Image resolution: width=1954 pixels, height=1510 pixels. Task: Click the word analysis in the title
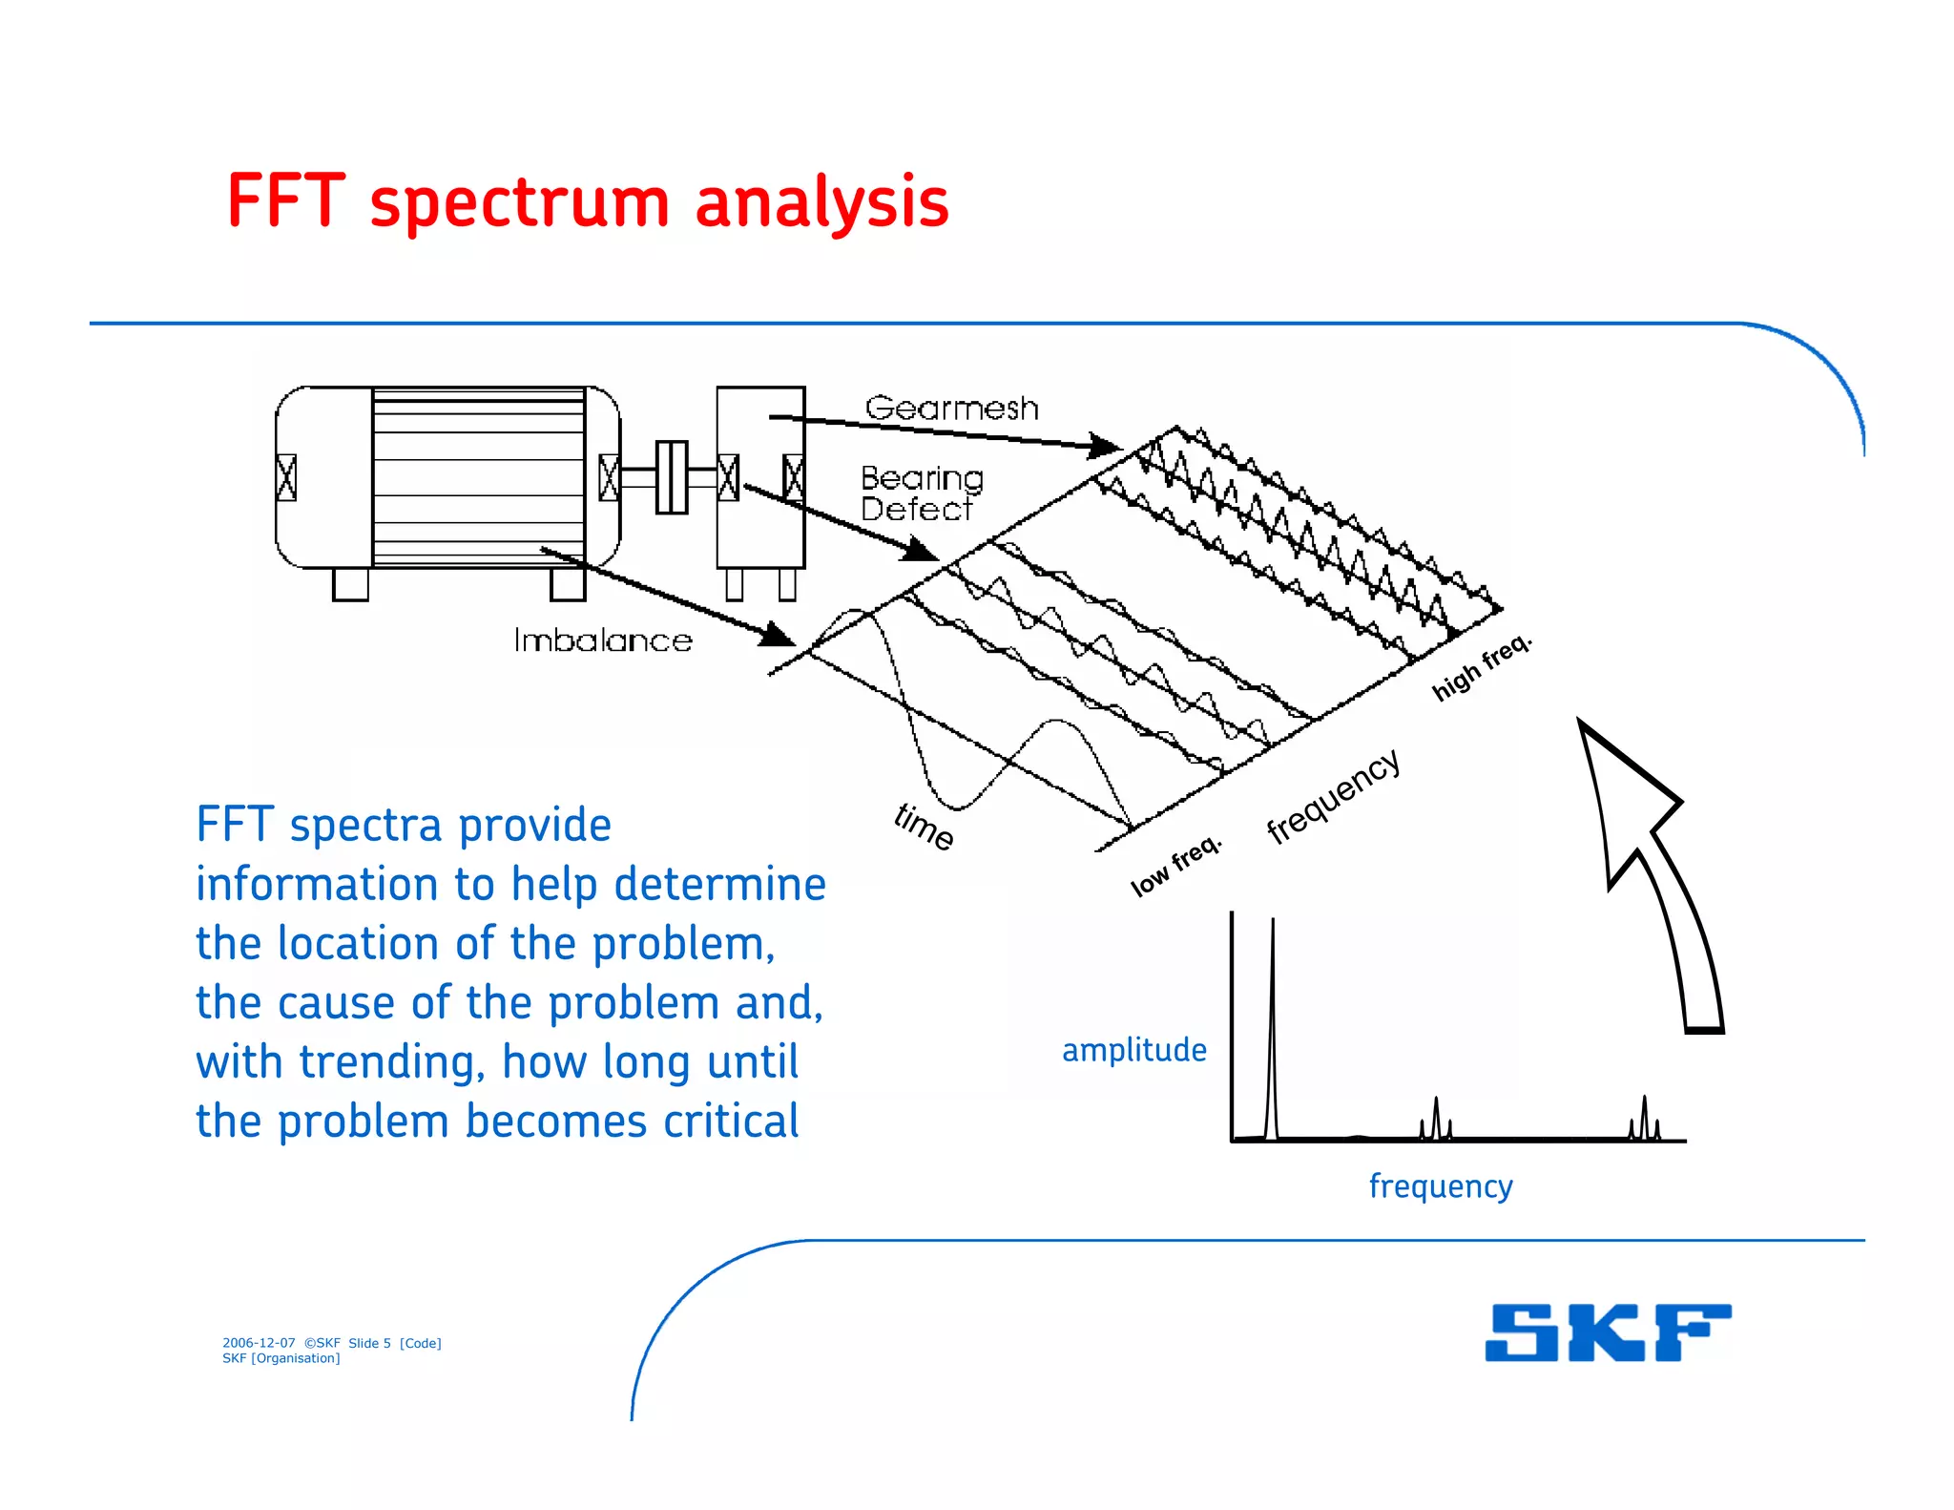[821, 203]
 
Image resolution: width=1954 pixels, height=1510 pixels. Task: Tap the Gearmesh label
[951, 409]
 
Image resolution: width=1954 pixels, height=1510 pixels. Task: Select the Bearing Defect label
[920, 493]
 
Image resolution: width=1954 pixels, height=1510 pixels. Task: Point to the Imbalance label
[603, 640]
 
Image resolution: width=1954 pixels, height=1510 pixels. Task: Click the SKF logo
[1608, 1332]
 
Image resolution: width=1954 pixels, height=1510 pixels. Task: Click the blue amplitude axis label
[1133, 1050]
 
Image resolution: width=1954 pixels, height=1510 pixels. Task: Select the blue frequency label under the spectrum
[1440, 1186]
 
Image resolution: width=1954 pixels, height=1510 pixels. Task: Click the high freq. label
[1482, 667]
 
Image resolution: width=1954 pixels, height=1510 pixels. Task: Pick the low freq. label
[1175, 866]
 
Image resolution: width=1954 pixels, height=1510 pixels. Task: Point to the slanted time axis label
[924, 827]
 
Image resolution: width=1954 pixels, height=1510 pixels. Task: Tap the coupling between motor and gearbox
[671, 477]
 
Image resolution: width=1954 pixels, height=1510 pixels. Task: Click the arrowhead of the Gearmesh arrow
[1107, 446]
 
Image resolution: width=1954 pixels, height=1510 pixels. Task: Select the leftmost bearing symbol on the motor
[286, 477]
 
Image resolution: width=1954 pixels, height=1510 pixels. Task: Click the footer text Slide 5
[369, 1343]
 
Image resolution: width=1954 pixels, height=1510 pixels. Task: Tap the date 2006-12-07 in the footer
[259, 1343]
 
